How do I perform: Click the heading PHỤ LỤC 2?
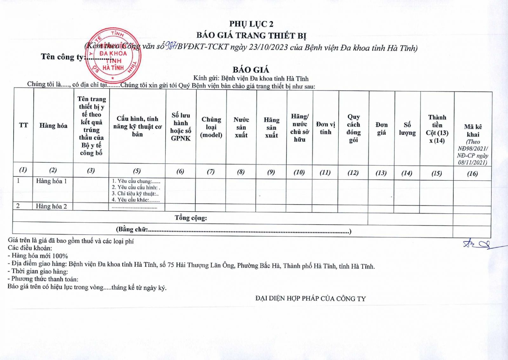click(x=251, y=24)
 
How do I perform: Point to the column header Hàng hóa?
click(x=53, y=126)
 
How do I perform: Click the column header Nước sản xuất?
click(x=241, y=127)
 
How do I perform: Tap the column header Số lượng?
click(x=407, y=129)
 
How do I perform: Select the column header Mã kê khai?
click(x=473, y=131)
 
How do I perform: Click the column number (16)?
click(x=472, y=173)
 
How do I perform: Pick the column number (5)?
click(x=137, y=171)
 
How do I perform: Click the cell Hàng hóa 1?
click(x=51, y=181)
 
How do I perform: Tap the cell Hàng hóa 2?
click(x=51, y=206)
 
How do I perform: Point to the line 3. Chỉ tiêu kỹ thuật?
click(x=135, y=194)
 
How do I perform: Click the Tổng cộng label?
click(x=190, y=218)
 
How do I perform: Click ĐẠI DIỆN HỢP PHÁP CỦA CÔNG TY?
click(x=310, y=299)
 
